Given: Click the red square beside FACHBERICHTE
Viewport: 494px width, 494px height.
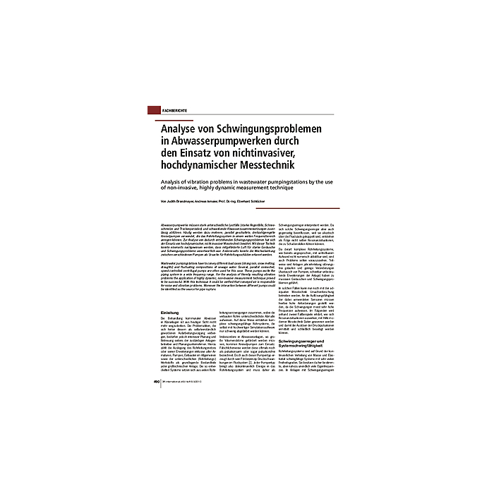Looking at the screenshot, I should click(154, 111).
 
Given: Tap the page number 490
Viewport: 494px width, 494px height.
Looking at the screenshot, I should click(157, 383).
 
